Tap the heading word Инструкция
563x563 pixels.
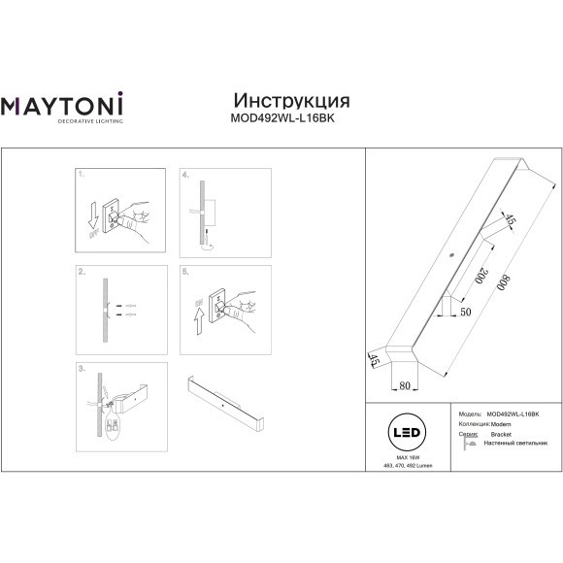coord(292,101)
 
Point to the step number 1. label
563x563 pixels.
coord(83,178)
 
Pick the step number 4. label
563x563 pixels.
coord(185,178)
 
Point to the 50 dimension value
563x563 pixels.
coord(464,312)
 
